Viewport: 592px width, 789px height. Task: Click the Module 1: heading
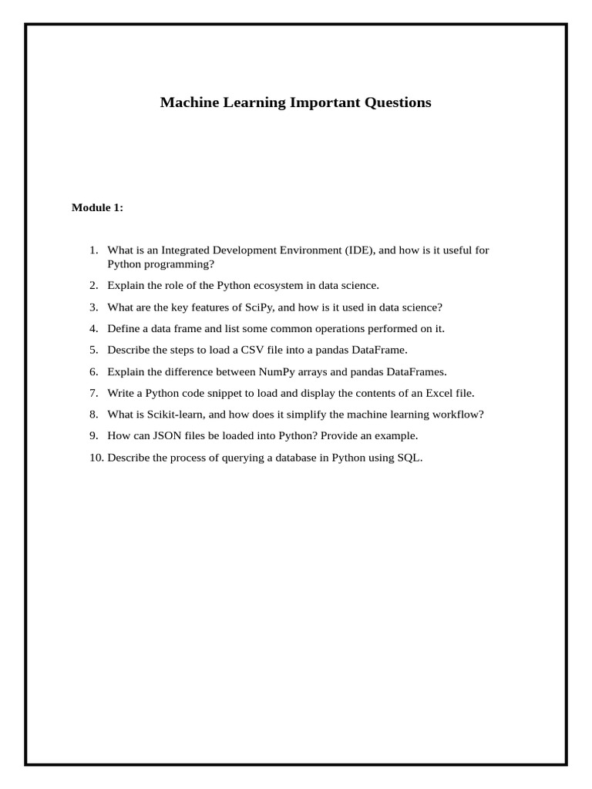[x=97, y=207]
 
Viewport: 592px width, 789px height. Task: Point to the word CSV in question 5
[x=253, y=350]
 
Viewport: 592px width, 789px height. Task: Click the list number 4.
[x=93, y=329]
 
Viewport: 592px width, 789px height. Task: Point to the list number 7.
[x=93, y=393]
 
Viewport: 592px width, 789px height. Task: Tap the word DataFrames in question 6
[x=416, y=371]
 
